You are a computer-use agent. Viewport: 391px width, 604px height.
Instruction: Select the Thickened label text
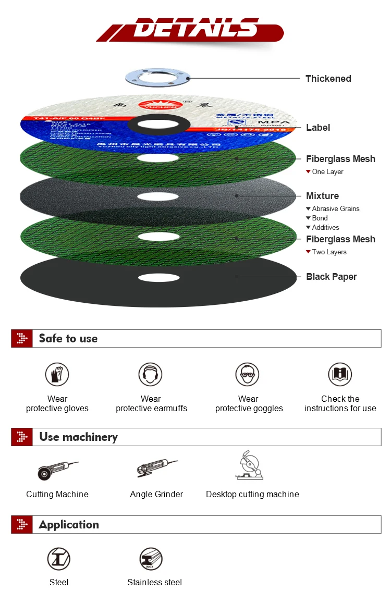[328, 79]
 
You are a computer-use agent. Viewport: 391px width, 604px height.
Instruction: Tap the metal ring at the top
[158, 78]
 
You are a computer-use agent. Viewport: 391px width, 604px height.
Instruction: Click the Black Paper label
[331, 277]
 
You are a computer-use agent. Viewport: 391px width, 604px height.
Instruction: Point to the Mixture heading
[322, 196]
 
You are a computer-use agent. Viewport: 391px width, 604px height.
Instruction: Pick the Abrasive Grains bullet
[335, 208]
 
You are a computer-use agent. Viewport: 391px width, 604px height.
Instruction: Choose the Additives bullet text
[325, 227]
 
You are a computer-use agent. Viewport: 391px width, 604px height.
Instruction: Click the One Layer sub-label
[327, 171]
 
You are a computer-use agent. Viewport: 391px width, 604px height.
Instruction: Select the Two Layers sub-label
[329, 252]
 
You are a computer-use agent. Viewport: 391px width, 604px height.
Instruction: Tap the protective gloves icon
[57, 375]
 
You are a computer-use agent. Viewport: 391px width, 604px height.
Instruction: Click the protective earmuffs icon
[151, 375]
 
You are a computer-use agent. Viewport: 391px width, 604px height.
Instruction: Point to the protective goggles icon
[247, 375]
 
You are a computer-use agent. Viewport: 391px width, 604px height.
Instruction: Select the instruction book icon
[340, 375]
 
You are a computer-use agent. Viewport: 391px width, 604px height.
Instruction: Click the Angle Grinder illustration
[156, 467]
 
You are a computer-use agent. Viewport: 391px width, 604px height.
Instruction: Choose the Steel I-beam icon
[59, 559]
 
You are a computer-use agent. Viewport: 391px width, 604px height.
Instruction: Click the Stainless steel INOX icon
[152, 559]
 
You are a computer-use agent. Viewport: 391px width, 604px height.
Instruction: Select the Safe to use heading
[68, 338]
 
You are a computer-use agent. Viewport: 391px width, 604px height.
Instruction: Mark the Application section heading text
[68, 525]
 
